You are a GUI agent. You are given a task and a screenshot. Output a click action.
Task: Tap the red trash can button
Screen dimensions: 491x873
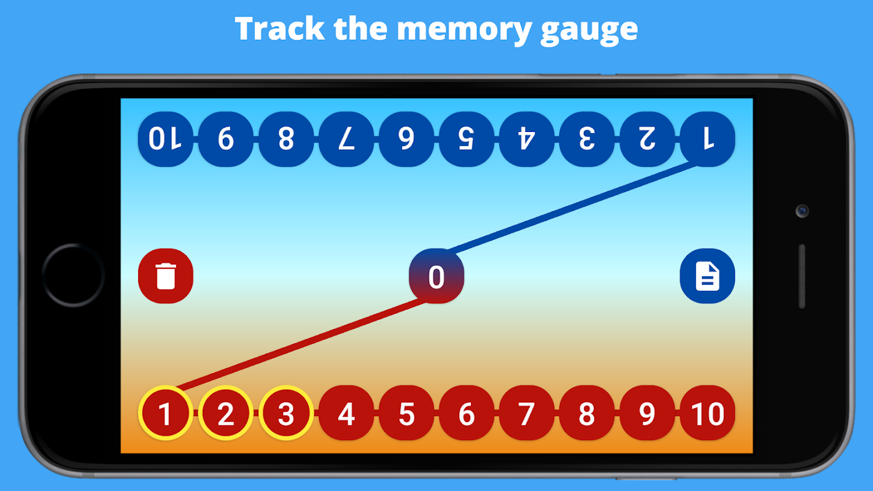(166, 276)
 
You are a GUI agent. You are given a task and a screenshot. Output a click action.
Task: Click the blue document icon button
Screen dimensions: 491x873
(707, 276)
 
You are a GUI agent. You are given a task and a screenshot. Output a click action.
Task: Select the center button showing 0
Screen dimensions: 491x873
(436, 276)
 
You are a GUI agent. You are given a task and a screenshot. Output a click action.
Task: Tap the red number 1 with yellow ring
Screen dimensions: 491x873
(165, 413)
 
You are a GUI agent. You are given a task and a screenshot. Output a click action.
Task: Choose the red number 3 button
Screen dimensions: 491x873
(286, 413)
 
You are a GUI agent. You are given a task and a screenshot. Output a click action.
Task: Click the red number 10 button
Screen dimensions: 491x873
(708, 413)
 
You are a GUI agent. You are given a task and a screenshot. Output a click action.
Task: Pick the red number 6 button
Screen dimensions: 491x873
(467, 413)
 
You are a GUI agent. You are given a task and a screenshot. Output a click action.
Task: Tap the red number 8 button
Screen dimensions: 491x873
(587, 413)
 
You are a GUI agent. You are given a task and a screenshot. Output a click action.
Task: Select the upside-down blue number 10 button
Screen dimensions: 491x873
(166, 139)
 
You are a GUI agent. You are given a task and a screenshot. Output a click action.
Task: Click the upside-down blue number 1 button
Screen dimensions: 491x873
(708, 139)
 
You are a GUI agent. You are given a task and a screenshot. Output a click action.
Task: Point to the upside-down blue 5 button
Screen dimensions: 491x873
(467, 139)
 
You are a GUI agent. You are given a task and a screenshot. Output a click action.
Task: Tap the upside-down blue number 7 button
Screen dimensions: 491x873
(346, 139)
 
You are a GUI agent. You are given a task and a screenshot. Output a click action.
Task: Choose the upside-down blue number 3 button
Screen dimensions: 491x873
(587, 139)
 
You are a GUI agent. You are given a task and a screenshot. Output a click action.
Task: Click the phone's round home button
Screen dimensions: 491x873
(73, 275)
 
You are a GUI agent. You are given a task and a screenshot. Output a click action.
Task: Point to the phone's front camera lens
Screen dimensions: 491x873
(802, 211)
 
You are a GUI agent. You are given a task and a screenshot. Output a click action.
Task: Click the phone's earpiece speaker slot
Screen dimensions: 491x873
(802, 276)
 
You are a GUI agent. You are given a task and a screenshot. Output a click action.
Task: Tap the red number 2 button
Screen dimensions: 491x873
(226, 413)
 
